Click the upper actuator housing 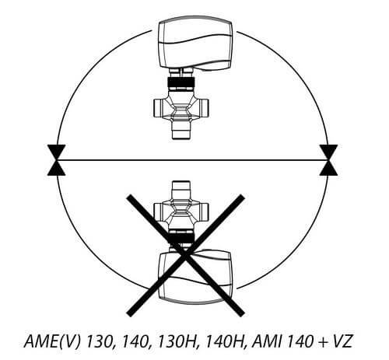click(x=195, y=44)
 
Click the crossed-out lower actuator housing click(x=195, y=277)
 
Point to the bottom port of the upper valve click(x=181, y=131)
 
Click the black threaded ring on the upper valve click(x=181, y=82)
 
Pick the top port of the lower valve click(x=181, y=190)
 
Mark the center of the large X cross click(x=185, y=255)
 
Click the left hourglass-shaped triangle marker click(x=56, y=160)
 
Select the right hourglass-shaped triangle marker click(x=328, y=160)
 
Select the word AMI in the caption click(x=267, y=341)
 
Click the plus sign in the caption click(x=323, y=342)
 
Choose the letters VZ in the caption click(x=342, y=341)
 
